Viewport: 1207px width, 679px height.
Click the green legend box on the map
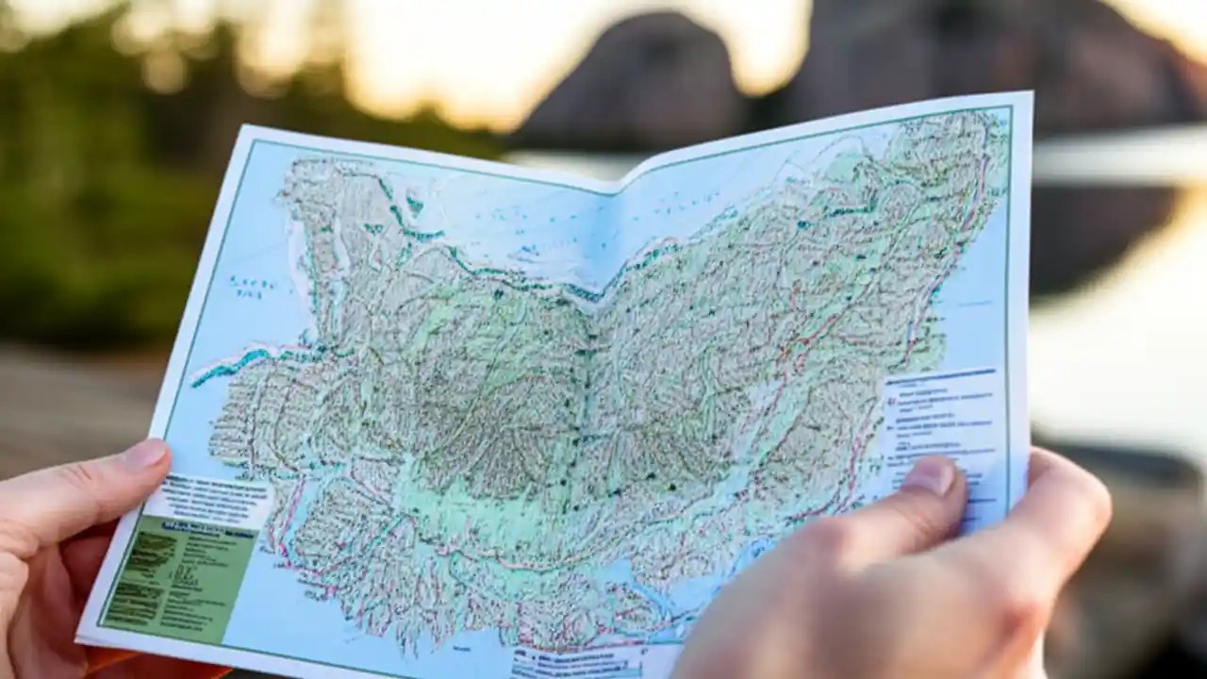(x=179, y=574)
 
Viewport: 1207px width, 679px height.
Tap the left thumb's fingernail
(x=144, y=455)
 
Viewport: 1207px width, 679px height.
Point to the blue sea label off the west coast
(x=251, y=287)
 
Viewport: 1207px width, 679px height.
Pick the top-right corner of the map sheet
(x=1031, y=93)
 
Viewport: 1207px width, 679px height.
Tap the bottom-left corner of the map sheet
(x=79, y=636)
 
